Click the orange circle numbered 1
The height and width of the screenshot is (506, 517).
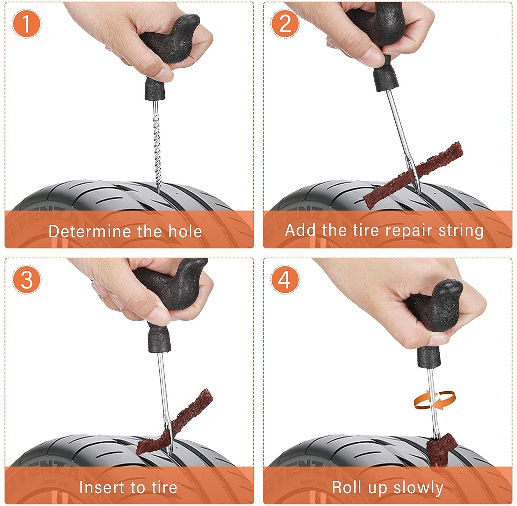(x=27, y=24)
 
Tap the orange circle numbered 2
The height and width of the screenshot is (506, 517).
(x=285, y=24)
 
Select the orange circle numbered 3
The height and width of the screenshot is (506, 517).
(x=27, y=279)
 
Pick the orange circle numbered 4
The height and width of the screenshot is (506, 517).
(x=285, y=279)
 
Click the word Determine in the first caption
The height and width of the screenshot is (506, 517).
(x=90, y=231)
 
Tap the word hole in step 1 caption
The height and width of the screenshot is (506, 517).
(x=185, y=231)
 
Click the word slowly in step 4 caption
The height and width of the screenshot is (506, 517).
(x=418, y=488)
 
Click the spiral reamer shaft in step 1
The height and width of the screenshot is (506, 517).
(x=157, y=146)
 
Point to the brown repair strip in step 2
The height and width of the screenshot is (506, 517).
(x=413, y=175)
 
